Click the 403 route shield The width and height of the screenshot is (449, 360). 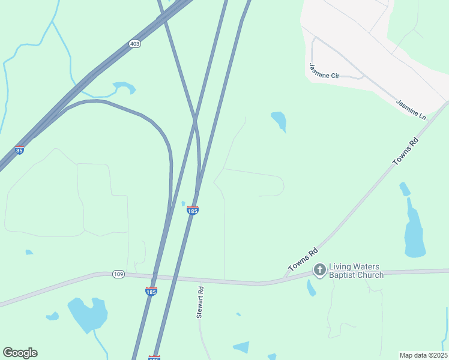(x=134, y=44)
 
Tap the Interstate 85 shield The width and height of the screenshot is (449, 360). (x=19, y=150)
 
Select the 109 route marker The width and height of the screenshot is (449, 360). (x=118, y=274)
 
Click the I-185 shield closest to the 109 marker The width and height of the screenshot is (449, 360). (x=151, y=291)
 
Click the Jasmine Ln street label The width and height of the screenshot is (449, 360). (x=411, y=108)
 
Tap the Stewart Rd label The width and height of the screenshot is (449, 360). (x=201, y=302)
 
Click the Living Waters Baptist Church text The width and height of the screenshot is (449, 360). (x=357, y=271)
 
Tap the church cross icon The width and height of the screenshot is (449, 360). (x=319, y=271)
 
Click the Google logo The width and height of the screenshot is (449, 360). (x=20, y=353)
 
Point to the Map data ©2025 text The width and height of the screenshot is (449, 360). (x=423, y=355)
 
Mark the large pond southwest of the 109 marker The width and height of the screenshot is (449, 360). (x=88, y=313)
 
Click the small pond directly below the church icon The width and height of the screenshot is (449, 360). (x=311, y=289)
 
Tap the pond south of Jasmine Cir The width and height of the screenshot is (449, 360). (x=279, y=120)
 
